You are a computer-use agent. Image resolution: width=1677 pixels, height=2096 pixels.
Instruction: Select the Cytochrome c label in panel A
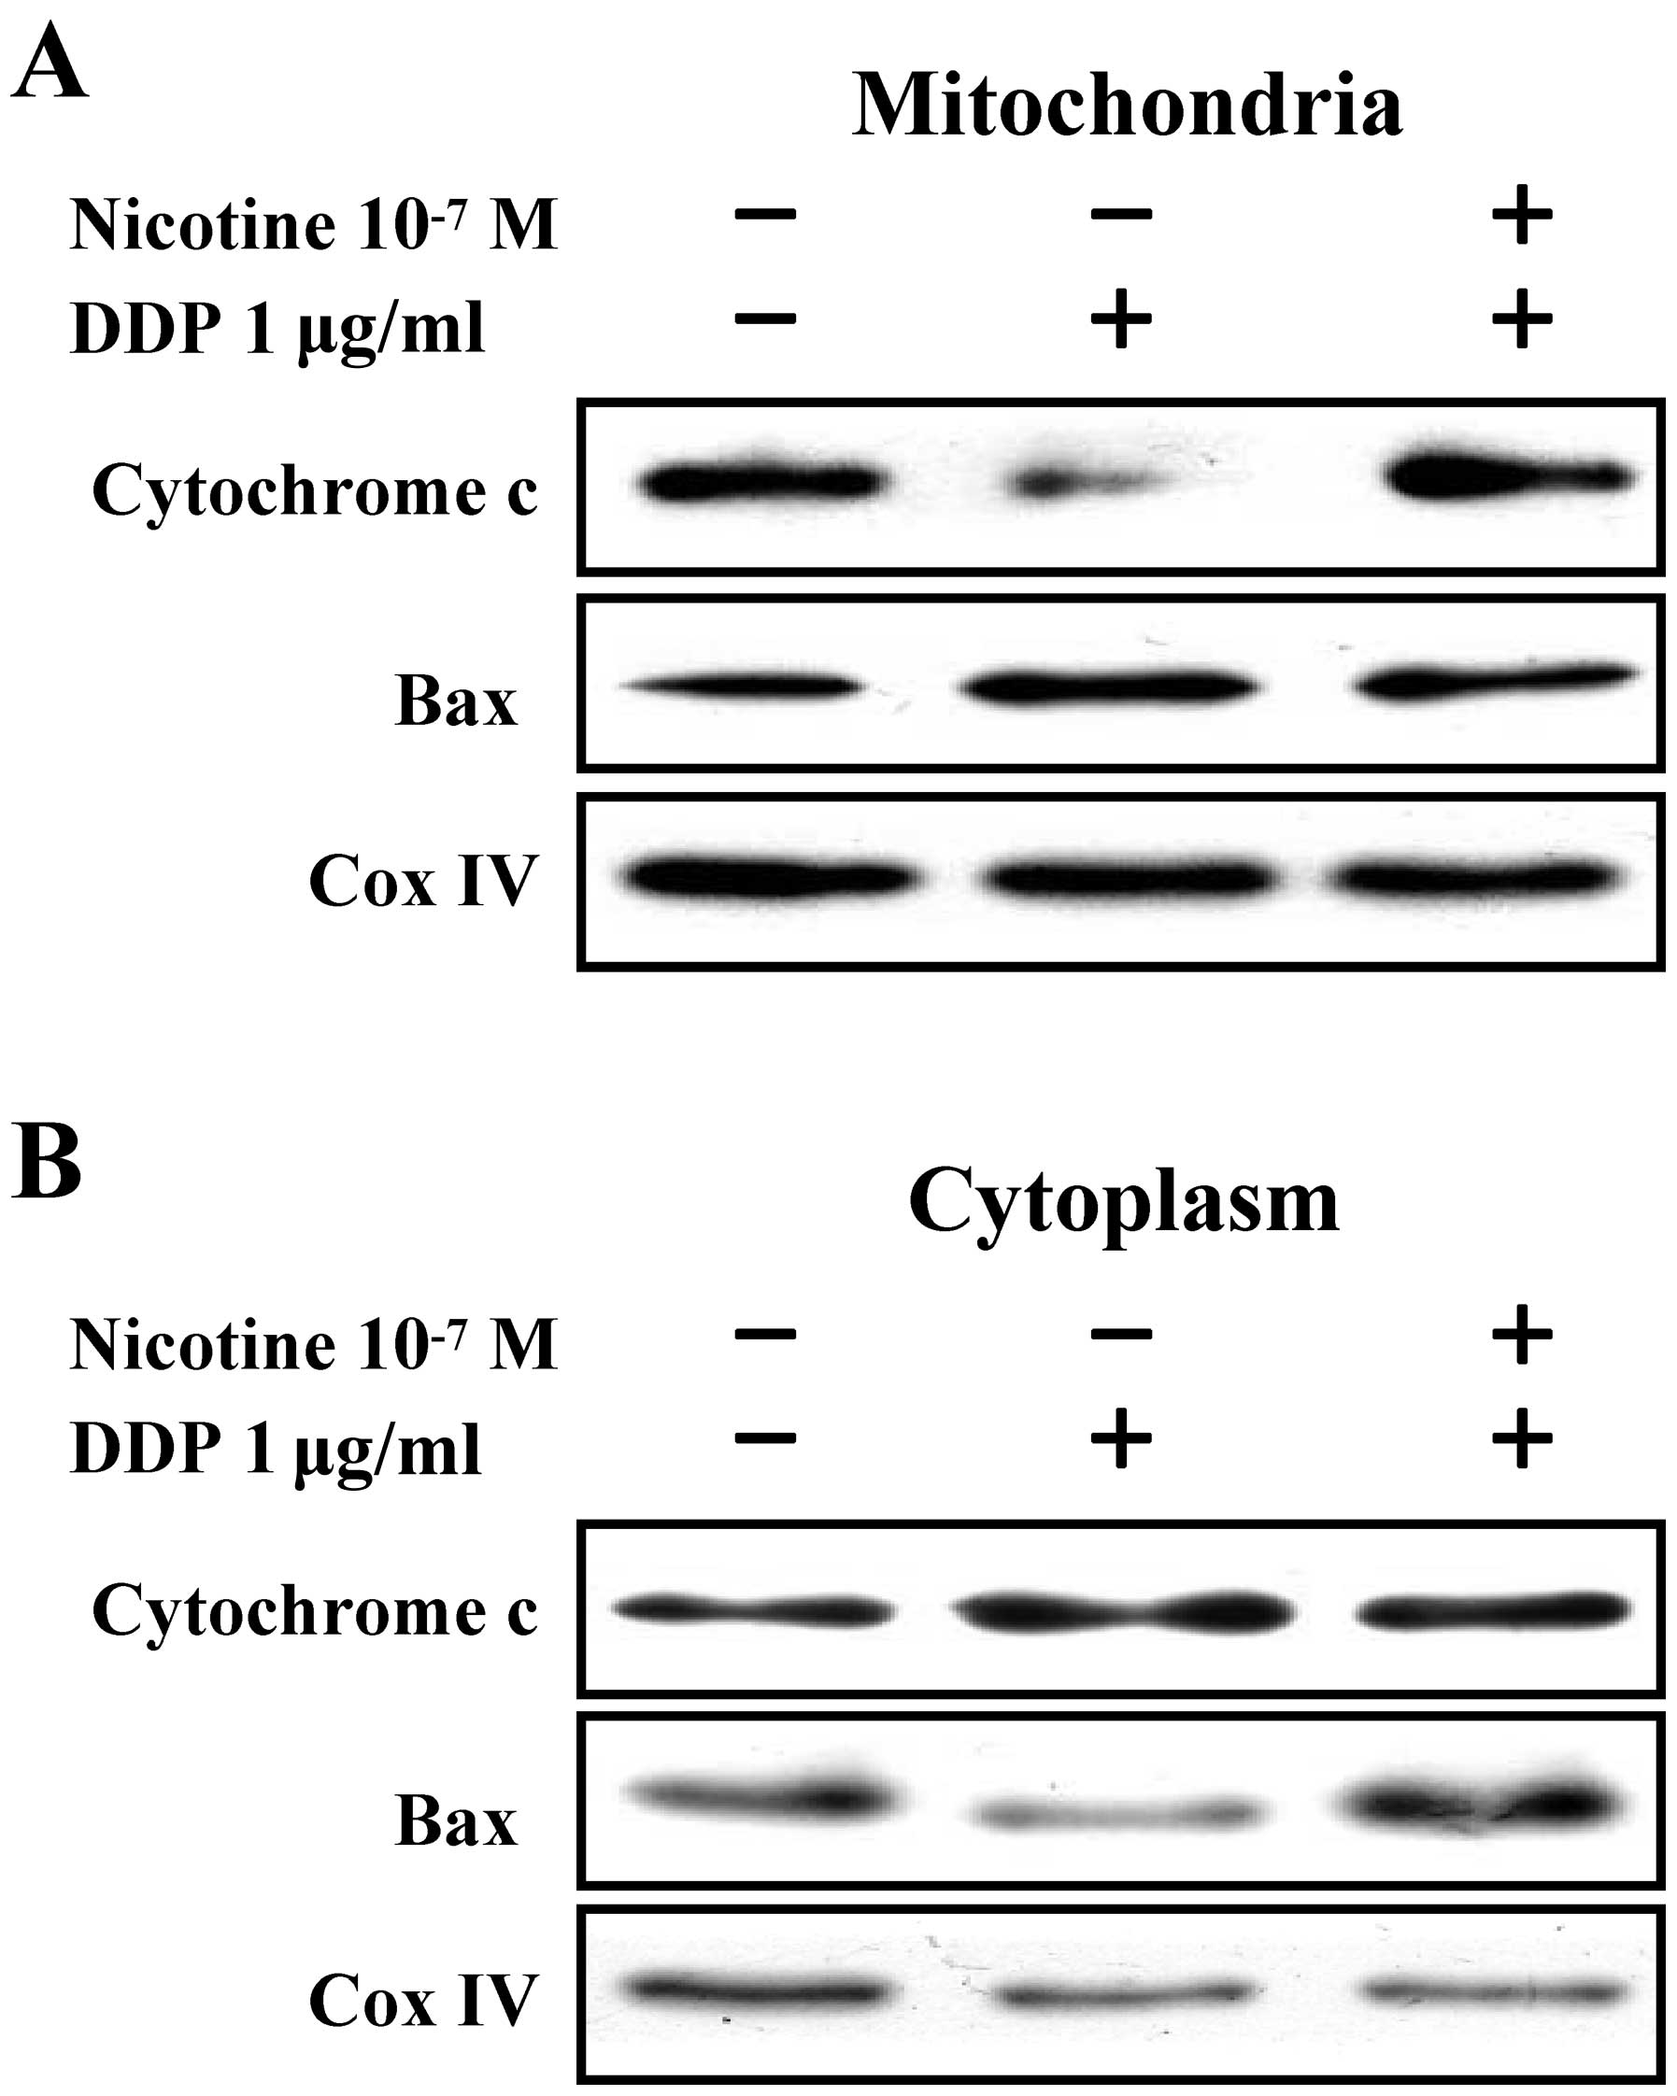[314, 491]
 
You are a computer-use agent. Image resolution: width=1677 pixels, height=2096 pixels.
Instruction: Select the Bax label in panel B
[455, 1820]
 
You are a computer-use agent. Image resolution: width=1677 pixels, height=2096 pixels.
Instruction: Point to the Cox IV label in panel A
[423, 882]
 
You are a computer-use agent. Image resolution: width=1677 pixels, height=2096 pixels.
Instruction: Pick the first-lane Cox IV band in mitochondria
[768, 878]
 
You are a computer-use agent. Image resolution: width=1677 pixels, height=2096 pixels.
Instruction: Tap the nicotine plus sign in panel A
[1522, 215]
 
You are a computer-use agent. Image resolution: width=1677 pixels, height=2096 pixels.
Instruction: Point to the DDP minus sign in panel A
[766, 319]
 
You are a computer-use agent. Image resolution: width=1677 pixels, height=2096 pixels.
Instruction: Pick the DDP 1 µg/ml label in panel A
[277, 329]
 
